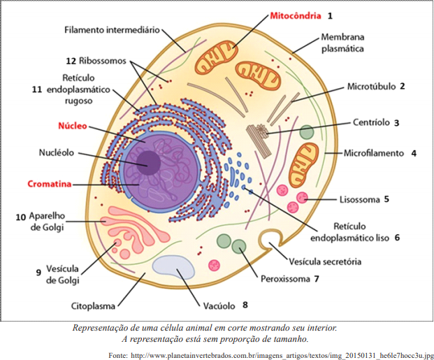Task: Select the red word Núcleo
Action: (72, 127)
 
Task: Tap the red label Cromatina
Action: (49, 184)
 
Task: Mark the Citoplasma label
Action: (94, 305)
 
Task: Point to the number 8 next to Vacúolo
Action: (245, 305)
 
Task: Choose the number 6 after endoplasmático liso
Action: (396, 237)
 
